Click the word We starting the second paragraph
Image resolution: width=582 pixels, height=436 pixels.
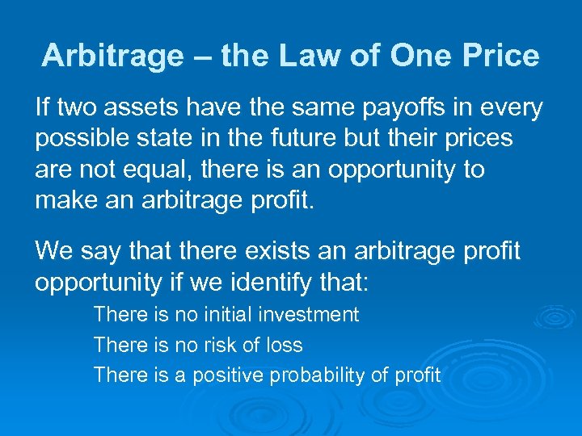53,253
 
